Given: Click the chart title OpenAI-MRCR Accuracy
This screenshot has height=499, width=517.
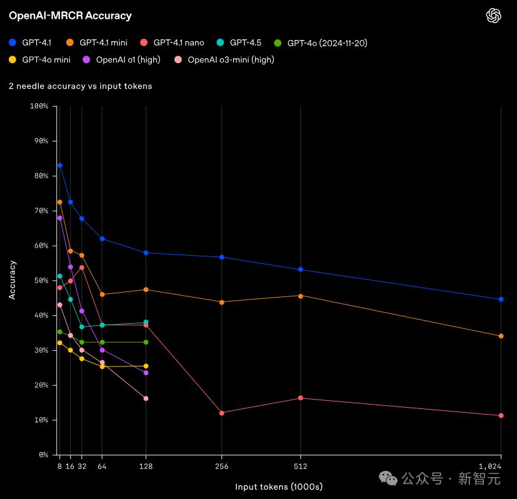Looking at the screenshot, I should tap(70, 16).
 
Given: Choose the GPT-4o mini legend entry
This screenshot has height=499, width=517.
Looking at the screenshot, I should tap(39, 60).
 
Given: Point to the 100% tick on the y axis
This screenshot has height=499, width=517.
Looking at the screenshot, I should tap(39, 106).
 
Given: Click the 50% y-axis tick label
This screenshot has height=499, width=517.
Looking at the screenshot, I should tap(40, 281).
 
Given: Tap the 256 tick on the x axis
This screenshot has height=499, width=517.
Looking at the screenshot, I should tap(222, 466).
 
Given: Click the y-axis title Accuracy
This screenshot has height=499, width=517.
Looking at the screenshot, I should tap(13, 280).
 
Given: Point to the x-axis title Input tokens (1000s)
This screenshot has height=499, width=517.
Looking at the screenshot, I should tap(279, 486).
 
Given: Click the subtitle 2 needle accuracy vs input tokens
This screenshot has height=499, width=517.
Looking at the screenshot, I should tap(80, 86).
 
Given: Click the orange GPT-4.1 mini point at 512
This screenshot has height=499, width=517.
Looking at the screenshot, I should tap(301, 296).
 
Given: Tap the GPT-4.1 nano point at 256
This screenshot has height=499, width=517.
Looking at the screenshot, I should tap(222, 413).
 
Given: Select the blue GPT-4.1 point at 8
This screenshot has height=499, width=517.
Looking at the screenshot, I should tap(59, 165).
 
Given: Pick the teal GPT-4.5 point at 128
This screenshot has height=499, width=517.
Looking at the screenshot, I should tap(146, 323).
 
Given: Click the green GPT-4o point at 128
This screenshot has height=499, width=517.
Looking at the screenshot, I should tap(146, 342).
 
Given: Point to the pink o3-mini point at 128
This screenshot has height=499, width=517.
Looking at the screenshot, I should tap(146, 398).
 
